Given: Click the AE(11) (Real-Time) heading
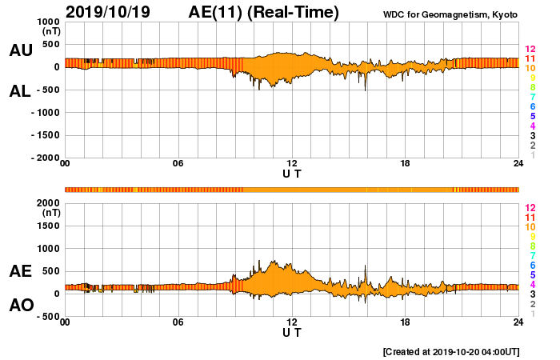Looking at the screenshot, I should point(264,12).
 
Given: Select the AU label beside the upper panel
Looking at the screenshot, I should point(20,50).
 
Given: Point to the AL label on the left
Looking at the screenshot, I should point(20,91).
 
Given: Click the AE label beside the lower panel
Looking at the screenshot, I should point(20,271).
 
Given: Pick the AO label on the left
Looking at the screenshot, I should point(20,306).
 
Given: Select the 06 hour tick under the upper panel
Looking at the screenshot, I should point(178,164).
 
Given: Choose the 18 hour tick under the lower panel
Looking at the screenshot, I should point(406,322).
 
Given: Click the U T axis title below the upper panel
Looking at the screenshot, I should point(292,173).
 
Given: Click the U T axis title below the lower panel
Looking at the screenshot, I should point(292,331).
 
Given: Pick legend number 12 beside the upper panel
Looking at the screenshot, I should point(530,50).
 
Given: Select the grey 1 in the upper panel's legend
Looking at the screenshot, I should point(533,155).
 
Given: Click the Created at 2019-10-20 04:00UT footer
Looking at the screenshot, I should point(451,351).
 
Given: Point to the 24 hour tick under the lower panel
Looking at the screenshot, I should point(518,322).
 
